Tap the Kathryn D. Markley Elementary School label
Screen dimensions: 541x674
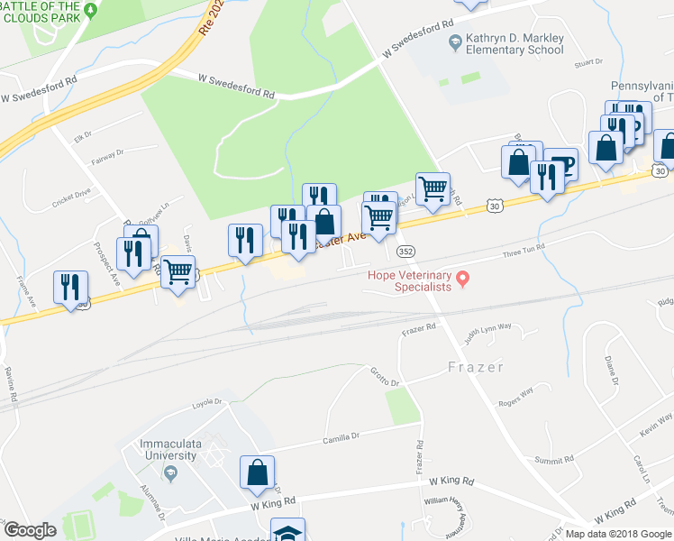(513, 44)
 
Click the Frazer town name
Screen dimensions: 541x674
(475, 368)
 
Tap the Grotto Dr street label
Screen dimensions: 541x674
(384, 376)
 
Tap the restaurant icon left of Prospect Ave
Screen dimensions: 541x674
(69, 288)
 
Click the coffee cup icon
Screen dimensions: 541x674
(560, 164)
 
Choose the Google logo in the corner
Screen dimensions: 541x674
(30, 530)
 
